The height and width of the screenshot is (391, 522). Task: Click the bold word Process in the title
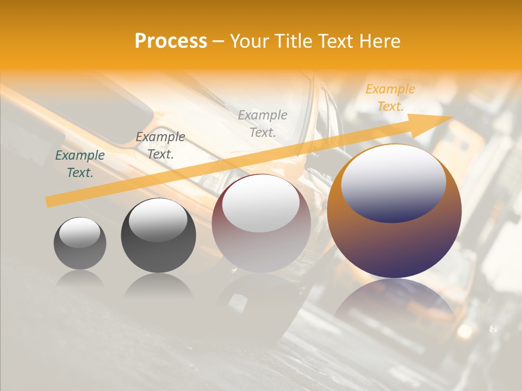coord(171,41)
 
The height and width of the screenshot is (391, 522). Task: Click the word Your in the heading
coord(250,41)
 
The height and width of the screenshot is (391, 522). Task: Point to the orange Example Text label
coord(390,98)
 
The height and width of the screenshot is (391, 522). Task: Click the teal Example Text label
coord(80,163)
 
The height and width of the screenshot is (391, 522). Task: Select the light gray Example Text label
coord(263,123)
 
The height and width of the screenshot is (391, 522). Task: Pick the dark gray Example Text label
coord(160,146)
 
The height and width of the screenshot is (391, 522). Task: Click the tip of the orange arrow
coord(451,117)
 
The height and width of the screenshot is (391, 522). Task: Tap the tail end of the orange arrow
coord(48,202)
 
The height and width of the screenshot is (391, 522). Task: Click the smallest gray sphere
coord(80,244)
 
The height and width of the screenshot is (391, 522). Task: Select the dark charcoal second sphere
coord(158,236)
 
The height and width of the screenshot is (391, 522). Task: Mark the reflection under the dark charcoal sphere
coord(158,286)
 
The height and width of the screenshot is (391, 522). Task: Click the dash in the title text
coord(219,41)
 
